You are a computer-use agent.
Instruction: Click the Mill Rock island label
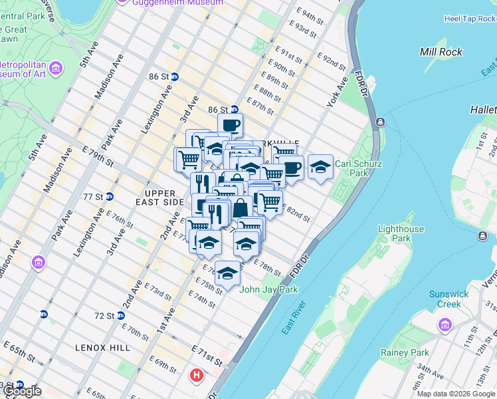pos(441,52)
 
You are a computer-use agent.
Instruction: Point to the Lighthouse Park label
pos(401,233)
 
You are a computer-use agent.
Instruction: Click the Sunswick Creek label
pos(448,299)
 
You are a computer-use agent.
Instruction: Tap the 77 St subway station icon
pos(110,197)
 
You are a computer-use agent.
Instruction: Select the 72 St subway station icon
pos(121,315)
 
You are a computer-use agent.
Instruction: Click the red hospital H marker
pos(196,375)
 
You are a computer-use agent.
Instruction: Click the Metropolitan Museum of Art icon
pos(56,68)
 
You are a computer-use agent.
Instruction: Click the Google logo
pos(21,391)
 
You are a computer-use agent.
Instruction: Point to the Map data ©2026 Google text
pos(456,394)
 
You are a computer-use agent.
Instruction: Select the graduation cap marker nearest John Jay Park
pos(227,273)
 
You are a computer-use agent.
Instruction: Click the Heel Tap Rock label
pos(469,19)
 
